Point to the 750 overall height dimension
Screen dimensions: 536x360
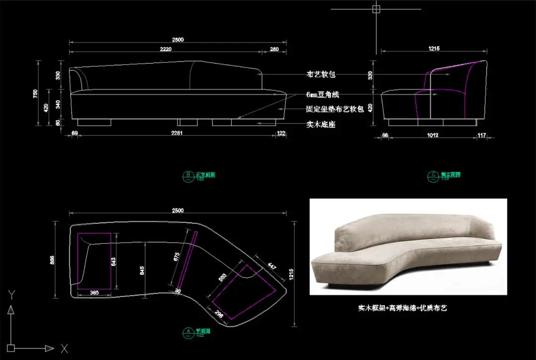[x=35, y=93]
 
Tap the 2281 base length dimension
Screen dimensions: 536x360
[x=176, y=133]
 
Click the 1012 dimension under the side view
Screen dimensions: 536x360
[x=432, y=135]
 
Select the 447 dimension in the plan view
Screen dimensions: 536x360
[x=271, y=266]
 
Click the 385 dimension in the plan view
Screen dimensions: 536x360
[x=94, y=292]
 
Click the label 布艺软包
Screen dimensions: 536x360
[x=321, y=74]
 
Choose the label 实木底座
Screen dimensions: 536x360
[x=321, y=125]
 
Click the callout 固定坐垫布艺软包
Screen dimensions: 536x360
[x=335, y=109]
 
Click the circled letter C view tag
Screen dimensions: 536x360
[x=433, y=174]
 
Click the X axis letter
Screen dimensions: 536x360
[x=64, y=349]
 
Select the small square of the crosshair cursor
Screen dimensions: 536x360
[x=376, y=9]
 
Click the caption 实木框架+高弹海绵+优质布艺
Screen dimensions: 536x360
[x=402, y=308]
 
